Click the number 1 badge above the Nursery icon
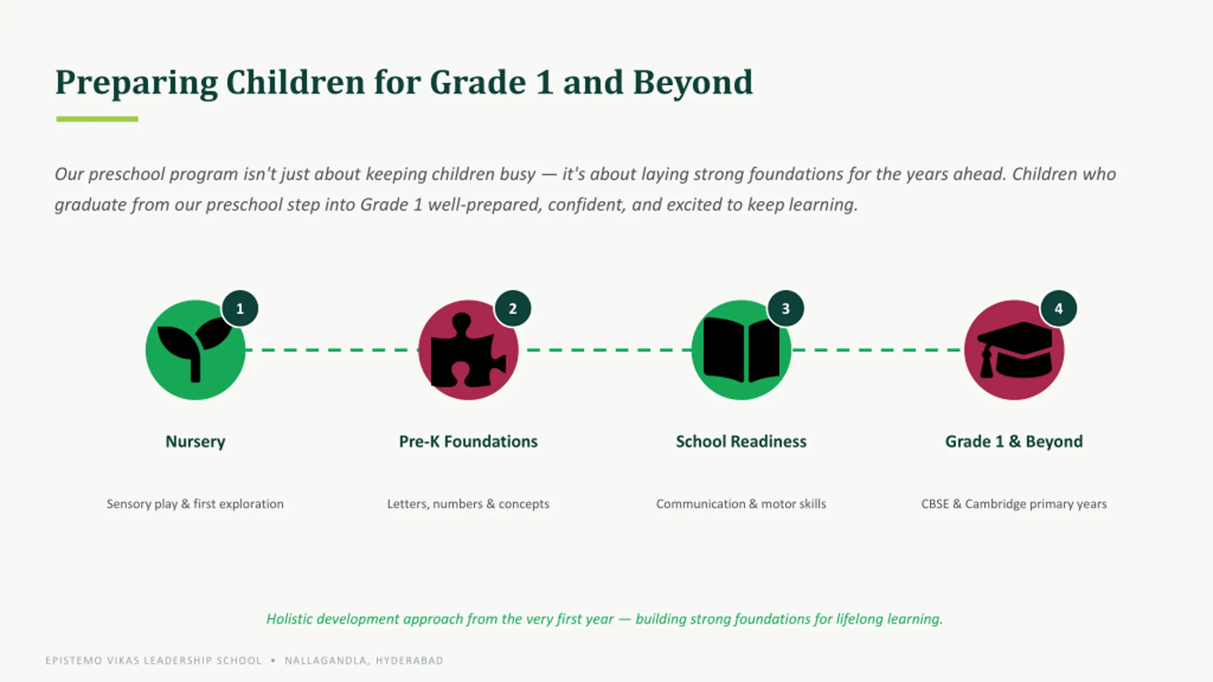tap(240, 308)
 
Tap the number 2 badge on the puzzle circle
tap(513, 308)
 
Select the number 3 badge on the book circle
tap(786, 308)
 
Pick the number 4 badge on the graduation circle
tap(1059, 308)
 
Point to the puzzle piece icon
tap(468, 350)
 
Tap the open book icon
tap(742, 350)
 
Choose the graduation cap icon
tap(1014, 350)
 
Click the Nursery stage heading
tap(195, 441)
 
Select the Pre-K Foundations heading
tap(468, 441)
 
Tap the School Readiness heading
tap(741, 441)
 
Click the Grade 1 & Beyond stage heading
tap(1014, 441)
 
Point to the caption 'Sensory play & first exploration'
tap(195, 504)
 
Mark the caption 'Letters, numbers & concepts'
tap(468, 504)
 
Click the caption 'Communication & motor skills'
tap(741, 504)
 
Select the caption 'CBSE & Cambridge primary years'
tap(1014, 504)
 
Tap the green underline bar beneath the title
tap(97, 119)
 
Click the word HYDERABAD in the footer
tap(409, 660)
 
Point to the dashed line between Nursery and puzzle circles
tap(332, 350)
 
